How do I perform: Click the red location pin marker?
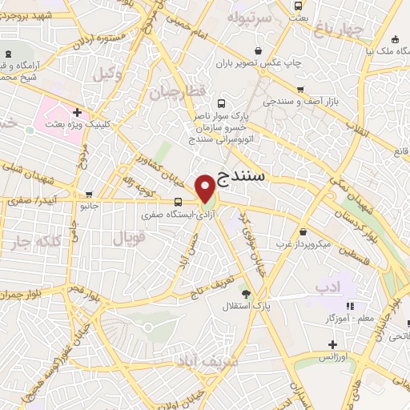click(206, 188)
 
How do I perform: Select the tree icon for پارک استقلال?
click(257, 293)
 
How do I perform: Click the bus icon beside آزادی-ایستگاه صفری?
click(177, 202)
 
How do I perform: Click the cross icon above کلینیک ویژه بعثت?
click(77, 113)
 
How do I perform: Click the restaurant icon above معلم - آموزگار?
click(348, 307)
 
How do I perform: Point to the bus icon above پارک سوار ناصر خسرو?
click(222, 103)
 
